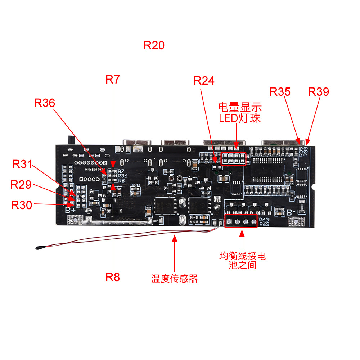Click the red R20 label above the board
point(154,45)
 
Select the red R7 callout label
point(112,80)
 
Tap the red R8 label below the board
point(112,277)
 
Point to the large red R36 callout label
point(45,103)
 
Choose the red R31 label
point(22,164)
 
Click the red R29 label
point(21,185)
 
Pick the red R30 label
point(22,205)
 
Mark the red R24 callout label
point(204,81)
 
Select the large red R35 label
point(280,92)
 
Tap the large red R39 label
point(319,92)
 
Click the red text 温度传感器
point(175,278)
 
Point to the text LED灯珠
point(240,118)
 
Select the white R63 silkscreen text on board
point(264,219)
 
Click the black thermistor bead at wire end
point(39,247)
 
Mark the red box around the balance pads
point(241,221)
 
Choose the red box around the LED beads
point(233,158)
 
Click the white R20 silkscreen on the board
point(135,186)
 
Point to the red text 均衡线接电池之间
point(242,261)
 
